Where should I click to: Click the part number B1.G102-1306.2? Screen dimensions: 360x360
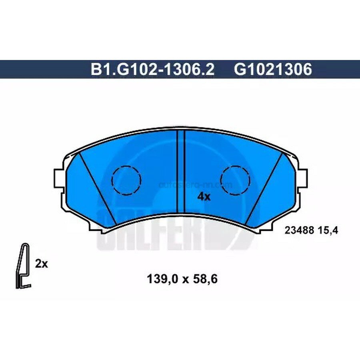click(152, 70)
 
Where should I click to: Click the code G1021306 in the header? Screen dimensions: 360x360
click(273, 70)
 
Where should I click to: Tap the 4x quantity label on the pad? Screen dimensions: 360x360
click(204, 196)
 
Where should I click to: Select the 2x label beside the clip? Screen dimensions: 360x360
click(42, 264)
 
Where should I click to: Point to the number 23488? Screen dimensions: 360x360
click(296, 230)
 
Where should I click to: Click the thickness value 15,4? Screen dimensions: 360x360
click(324, 230)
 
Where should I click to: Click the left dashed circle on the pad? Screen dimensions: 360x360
click(126, 180)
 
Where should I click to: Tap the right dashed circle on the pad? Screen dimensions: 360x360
click(236, 180)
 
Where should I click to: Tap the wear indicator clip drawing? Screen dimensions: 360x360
click(23, 266)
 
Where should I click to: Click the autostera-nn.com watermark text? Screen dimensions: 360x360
click(196, 185)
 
